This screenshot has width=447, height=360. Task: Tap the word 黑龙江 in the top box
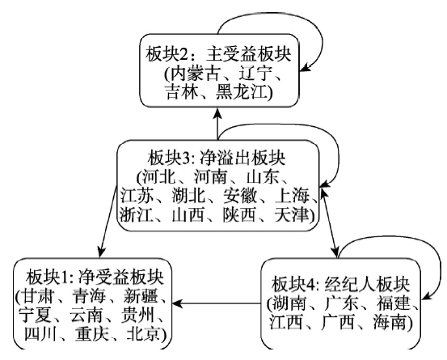(242, 92)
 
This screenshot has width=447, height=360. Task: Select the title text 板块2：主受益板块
(218, 54)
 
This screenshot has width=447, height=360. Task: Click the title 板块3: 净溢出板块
(217, 158)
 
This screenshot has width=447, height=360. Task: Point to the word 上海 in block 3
(292, 196)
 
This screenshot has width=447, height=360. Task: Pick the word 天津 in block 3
(291, 214)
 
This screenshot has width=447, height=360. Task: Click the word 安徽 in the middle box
(240, 196)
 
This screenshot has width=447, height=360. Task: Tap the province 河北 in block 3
(159, 177)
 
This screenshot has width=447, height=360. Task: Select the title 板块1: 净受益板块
(95, 277)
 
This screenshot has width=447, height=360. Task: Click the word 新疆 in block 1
(141, 296)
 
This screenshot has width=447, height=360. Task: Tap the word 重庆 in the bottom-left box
(92, 334)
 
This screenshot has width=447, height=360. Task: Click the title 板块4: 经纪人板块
(340, 284)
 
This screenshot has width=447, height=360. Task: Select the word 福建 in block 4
(394, 303)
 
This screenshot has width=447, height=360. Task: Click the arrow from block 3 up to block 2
(217, 124)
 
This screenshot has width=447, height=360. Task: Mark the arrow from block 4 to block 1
(217, 303)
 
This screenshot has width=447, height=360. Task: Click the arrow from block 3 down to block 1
(108, 222)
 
